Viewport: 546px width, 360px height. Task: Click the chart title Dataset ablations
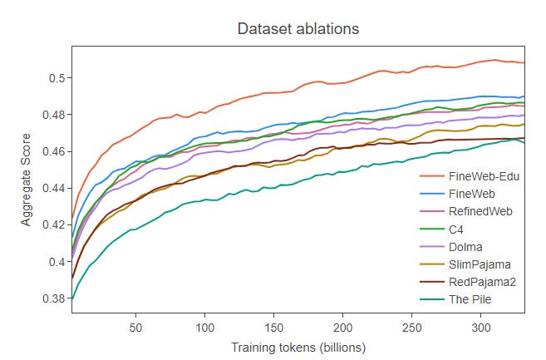(x=298, y=29)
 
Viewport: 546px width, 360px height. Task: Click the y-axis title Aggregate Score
(x=27, y=180)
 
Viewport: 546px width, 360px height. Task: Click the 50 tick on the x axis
(x=135, y=328)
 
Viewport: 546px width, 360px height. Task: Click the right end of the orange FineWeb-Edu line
(x=524, y=62)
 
